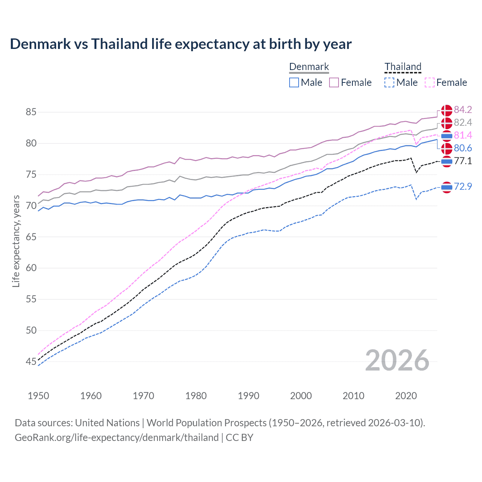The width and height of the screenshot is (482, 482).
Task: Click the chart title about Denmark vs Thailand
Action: click(x=181, y=44)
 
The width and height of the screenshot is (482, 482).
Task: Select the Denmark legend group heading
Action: click(x=309, y=67)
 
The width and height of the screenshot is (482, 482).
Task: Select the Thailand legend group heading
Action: click(x=403, y=67)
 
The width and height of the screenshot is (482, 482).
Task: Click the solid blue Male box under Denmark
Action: click(x=294, y=82)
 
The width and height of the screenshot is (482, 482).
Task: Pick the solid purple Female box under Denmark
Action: click(x=334, y=82)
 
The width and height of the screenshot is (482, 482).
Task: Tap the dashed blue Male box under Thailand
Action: click(x=389, y=82)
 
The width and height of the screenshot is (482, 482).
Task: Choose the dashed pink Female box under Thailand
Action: click(x=429, y=82)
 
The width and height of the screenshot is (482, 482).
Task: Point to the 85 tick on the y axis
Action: click(x=31, y=112)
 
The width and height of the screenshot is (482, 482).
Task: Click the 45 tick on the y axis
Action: click(x=31, y=362)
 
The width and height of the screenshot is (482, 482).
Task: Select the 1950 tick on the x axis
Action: click(x=38, y=396)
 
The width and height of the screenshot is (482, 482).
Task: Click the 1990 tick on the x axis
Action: click(x=249, y=396)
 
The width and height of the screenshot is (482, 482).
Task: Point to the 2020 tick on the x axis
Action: click(x=406, y=396)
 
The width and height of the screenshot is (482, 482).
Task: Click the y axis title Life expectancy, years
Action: click(x=16, y=241)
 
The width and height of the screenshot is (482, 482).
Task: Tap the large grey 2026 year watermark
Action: click(x=397, y=360)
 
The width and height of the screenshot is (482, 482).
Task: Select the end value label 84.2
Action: click(x=463, y=110)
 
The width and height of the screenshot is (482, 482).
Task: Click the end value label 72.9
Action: click(x=463, y=186)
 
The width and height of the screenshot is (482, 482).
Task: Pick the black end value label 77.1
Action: click(x=463, y=161)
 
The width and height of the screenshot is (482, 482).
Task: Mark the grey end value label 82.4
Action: click(x=463, y=122)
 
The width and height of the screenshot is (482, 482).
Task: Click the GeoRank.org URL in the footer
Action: click(x=117, y=438)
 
